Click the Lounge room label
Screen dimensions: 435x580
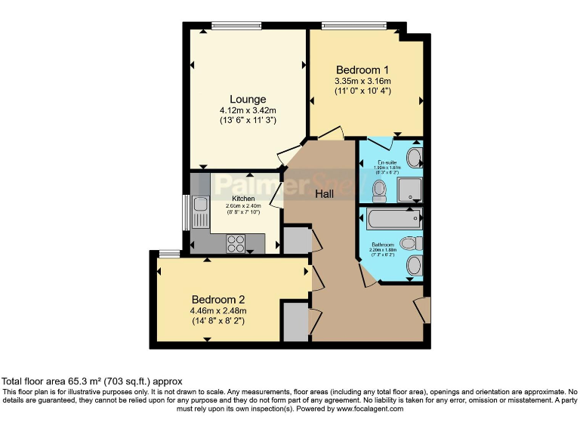(x=248, y=99)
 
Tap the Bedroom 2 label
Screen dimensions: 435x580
(x=219, y=298)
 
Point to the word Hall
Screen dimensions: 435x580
(x=325, y=194)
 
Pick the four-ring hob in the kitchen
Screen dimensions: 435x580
(x=236, y=243)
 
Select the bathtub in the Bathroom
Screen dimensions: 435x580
(x=393, y=219)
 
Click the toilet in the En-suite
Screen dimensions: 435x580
(x=380, y=189)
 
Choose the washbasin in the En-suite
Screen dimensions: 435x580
(x=414, y=158)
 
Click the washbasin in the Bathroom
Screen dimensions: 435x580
(x=413, y=266)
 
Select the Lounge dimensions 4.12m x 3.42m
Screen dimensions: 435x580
(x=248, y=110)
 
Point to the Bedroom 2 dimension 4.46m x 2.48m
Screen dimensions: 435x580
(x=219, y=310)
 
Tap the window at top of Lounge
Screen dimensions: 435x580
(x=236, y=26)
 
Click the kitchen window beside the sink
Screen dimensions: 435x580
(x=187, y=212)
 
